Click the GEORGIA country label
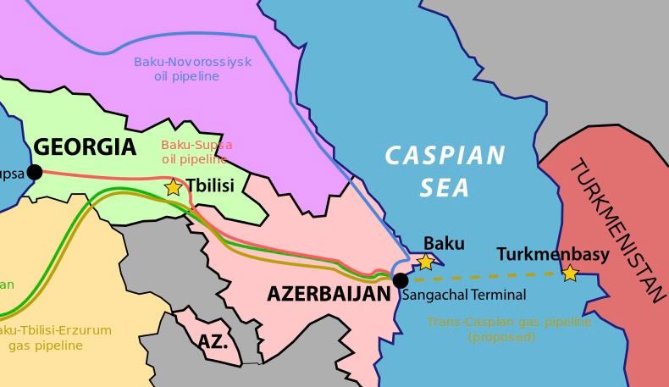pyautogui.click(x=85, y=147)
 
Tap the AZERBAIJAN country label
pyautogui.click(x=329, y=294)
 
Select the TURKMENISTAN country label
pyautogui.click(x=617, y=229)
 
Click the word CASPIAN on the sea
pyautogui.click(x=445, y=156)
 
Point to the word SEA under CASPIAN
pyautogui.click(x=445, y=186)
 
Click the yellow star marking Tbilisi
pyautogui.click(x=173, y=187)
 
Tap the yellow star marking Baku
pyautogui.click(x=426, y=263)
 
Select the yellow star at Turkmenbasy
pyautogui.click(x=570, y=274)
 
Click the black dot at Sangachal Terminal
pyautogui.click(x=401, y=280)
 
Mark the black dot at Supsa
pyautogui.click(x=35, y=173)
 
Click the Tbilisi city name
pyautogui.click(x=209, y=185)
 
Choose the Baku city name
pyautogui.click(x=444, y=244)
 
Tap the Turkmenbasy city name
pyautogui.click(x=552, y=254)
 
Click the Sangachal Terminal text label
pyautogui.click(x=463, y=295)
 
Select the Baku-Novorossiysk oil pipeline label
pyautogui.click(x=192, y=69)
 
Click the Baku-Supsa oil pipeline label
pyautogui.click(x=196, y=152)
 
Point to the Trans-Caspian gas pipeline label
pyautogui.click(x=509, y=329)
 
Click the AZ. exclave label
pyautogui.click(x=213, y=343)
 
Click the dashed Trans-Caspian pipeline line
pyautogui.click(x=491, y=277)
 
